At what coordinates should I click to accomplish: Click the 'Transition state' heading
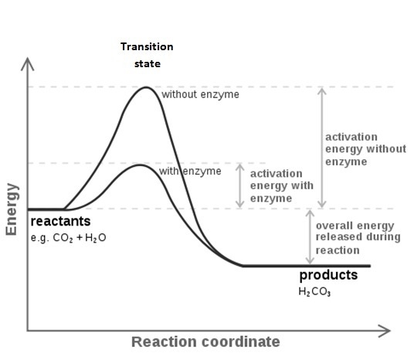coord(147,55)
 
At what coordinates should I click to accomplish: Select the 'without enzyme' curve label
coord(200,94)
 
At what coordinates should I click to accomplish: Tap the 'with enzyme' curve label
coord(190,172)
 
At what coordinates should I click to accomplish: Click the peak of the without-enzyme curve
coord(146,87)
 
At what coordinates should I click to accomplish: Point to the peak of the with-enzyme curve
coord(140,165)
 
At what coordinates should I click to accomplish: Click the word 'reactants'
coord(60,221)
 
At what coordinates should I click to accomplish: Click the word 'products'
coord(328,275)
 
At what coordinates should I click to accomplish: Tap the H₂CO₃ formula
coord(314,291)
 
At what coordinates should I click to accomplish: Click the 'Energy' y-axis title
coord(12,209)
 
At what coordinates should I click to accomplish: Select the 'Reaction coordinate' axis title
coord(205,341)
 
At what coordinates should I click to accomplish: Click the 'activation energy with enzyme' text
coord(282,186)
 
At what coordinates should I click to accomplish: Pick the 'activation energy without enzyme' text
coord(365,149)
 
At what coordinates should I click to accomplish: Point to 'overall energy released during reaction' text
coord(358,238)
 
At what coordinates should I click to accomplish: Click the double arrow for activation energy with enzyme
coord(239,185)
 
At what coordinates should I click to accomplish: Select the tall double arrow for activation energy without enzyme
coord(321,148)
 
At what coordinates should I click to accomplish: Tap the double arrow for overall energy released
coord(310,237)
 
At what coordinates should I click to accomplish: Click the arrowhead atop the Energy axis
coord(28,63)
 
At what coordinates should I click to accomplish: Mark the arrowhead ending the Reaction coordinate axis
coord(385,331)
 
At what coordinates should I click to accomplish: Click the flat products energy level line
coord(307,266)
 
